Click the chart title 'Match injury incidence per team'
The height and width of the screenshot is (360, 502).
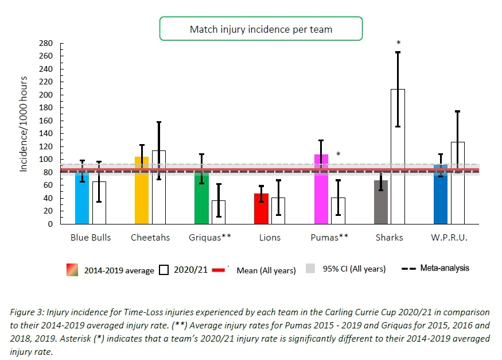pos(261,29)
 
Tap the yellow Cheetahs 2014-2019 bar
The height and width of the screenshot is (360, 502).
pos(142,189)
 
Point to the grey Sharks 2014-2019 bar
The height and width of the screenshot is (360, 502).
pos(381,202)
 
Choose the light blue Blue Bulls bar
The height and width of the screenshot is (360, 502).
pos(82,198)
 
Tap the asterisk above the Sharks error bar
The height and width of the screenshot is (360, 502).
pos(398,43)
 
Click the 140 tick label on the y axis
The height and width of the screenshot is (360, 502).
pos(46,134)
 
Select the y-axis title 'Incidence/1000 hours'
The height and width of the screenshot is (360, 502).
pos(24,123)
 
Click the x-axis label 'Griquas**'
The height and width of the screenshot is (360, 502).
pos(210,237)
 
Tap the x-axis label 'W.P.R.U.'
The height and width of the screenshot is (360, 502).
pos(449,237)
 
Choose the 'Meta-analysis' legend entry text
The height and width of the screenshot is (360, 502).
pos(445,268)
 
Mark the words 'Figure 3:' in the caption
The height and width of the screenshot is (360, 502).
pos(27,312)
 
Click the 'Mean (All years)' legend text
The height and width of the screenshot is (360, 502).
pos(266,270)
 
